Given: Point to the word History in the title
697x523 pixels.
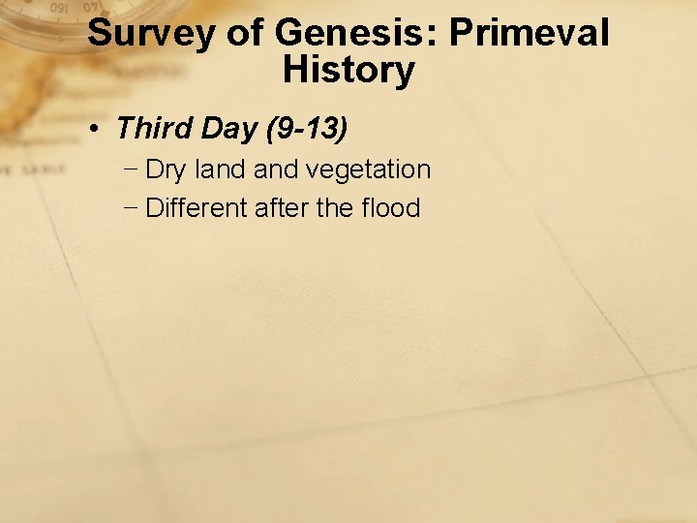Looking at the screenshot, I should pos(348,70).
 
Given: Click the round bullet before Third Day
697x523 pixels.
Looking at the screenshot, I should pos(100,128).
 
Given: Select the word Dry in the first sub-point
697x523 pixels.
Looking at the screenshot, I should pos(166,170).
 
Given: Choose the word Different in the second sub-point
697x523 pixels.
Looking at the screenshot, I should pos(197,208).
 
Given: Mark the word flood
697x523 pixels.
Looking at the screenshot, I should pos(390,208).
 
